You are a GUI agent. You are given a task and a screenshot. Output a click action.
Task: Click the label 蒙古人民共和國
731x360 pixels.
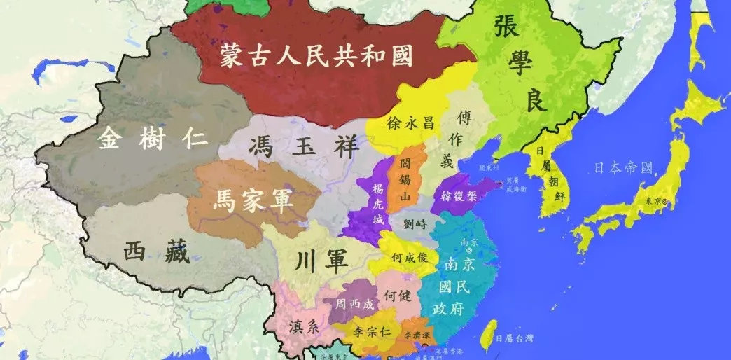(x=316, y=55)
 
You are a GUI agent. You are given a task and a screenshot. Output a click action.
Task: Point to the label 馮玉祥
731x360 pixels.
(x=304, y=148)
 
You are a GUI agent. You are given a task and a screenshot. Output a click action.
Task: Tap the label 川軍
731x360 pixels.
(x=322, y=262)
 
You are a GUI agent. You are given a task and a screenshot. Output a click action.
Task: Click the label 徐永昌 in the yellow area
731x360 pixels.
(x=410, y=123)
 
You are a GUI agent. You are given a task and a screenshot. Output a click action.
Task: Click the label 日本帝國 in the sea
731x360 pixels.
(x=622, y=168)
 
